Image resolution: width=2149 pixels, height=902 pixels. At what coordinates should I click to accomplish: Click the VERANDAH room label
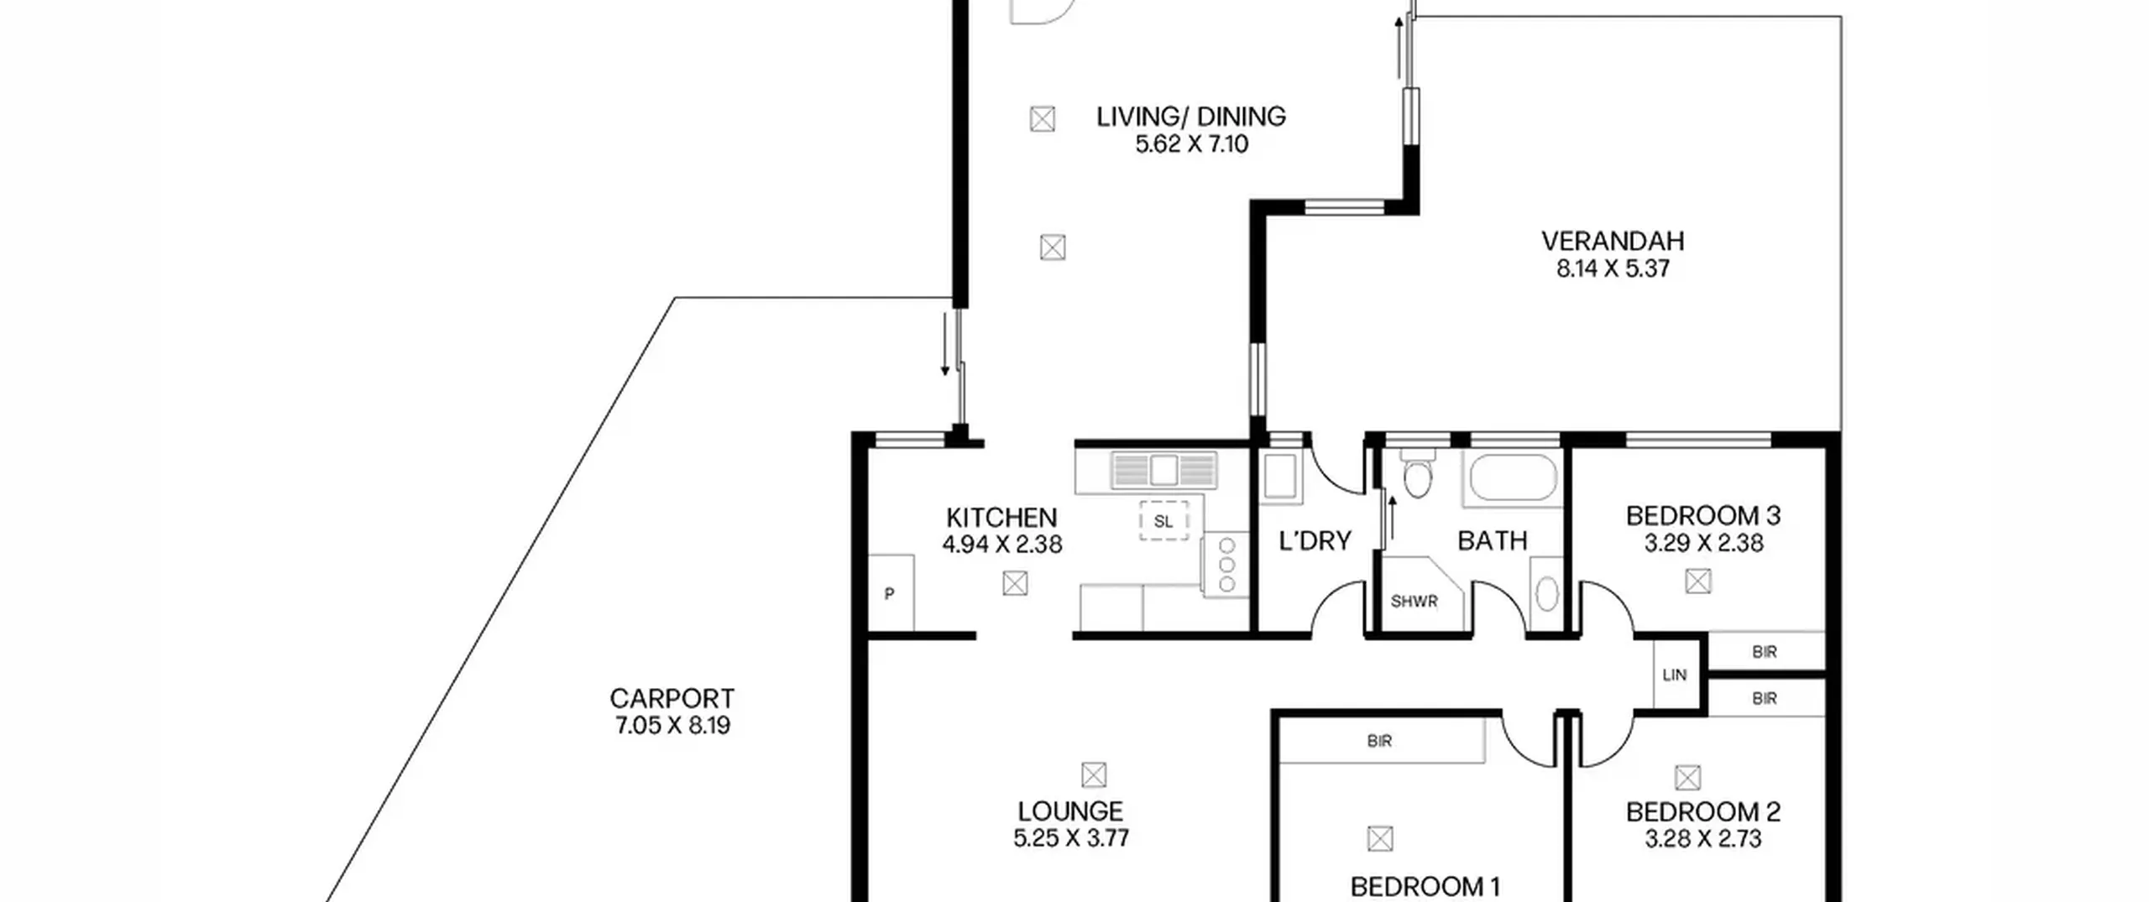pyautogui.click(x=1612, y=242)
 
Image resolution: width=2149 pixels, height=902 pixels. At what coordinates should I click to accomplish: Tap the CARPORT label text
pyautogui.click(x=672, y=699)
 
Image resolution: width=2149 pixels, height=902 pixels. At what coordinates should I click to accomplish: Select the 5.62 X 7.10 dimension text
pyautogui.click(x=1191, y=144)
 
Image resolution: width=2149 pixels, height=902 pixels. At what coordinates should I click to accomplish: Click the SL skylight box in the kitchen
pyautogui.click(x=1163, y=521)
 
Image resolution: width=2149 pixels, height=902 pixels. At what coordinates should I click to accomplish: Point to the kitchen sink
pyautogui.click(x=1163, y=469)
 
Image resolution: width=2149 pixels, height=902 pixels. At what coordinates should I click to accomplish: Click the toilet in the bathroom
pyautogui.click(x=1417, y=476)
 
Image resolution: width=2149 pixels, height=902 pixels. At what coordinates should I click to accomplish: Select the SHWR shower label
pyautogui.click(x=1414, y=602)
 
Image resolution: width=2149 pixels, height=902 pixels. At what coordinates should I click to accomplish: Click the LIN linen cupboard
pyautogui.click(x=1675, y=675)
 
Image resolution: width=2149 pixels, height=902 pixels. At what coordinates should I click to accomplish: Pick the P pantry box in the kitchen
pyautogui.click(x=890, y=592)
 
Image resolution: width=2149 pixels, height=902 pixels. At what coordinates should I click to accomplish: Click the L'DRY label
pyautogui.click(x=1315, y=541)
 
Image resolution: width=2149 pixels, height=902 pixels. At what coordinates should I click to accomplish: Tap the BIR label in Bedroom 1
pyautogui.click(x=1379, y=741)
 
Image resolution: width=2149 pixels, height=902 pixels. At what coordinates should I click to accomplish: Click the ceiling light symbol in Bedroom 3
pyautogui.click(x=1698, y=581)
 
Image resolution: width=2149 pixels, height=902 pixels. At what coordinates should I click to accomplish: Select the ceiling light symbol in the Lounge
pyautogui.click(x=1093, y=774)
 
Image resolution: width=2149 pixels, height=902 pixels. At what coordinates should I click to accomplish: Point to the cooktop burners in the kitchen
pyautogui.click(x=1226, y=566)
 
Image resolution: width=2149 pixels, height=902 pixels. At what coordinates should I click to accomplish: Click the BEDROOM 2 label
pyautogui.click(x=1702, y=812)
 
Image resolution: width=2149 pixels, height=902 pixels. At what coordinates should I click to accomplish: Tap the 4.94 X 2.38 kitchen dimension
pyautogui.click(x=1001, y=545)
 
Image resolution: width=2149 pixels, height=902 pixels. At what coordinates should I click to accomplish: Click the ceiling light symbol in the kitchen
pyautogui.click(x=1015, y=583)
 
